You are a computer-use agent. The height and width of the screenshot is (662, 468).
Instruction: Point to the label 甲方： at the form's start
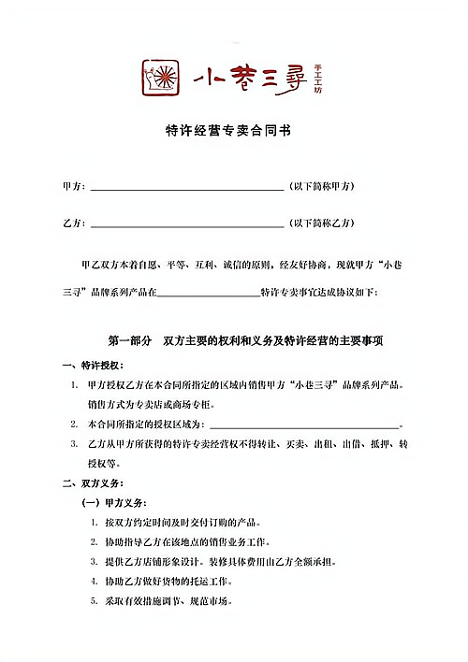tap(73, 187)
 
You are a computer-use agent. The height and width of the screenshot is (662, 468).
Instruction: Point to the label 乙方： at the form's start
tap(73, 223)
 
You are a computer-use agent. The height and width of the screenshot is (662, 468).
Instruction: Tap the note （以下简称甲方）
tap(321, 187)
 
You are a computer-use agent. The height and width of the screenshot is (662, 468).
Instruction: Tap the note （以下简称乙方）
tap(321, 223)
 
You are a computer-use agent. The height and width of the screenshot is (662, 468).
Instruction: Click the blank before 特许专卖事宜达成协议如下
tap(207, 294)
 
